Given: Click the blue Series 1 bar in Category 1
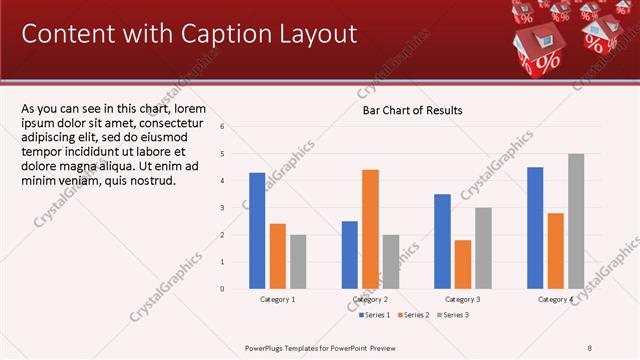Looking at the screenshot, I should tap(257, 230).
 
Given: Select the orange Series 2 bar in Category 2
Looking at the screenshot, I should tap(370, 228).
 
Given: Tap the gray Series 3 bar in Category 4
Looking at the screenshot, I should tap(576, 220).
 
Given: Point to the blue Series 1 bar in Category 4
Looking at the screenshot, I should tap(535, 227).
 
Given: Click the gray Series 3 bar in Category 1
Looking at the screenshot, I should tap(298, 261).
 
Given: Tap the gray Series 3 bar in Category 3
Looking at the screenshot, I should tap(483, 247).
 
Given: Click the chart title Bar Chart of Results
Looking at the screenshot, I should tap(412, 110).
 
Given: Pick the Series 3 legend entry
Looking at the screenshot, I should tap(451, 315).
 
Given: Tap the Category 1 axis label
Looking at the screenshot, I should tap(277, 299).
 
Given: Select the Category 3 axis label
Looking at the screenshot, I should tap(462, 299).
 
